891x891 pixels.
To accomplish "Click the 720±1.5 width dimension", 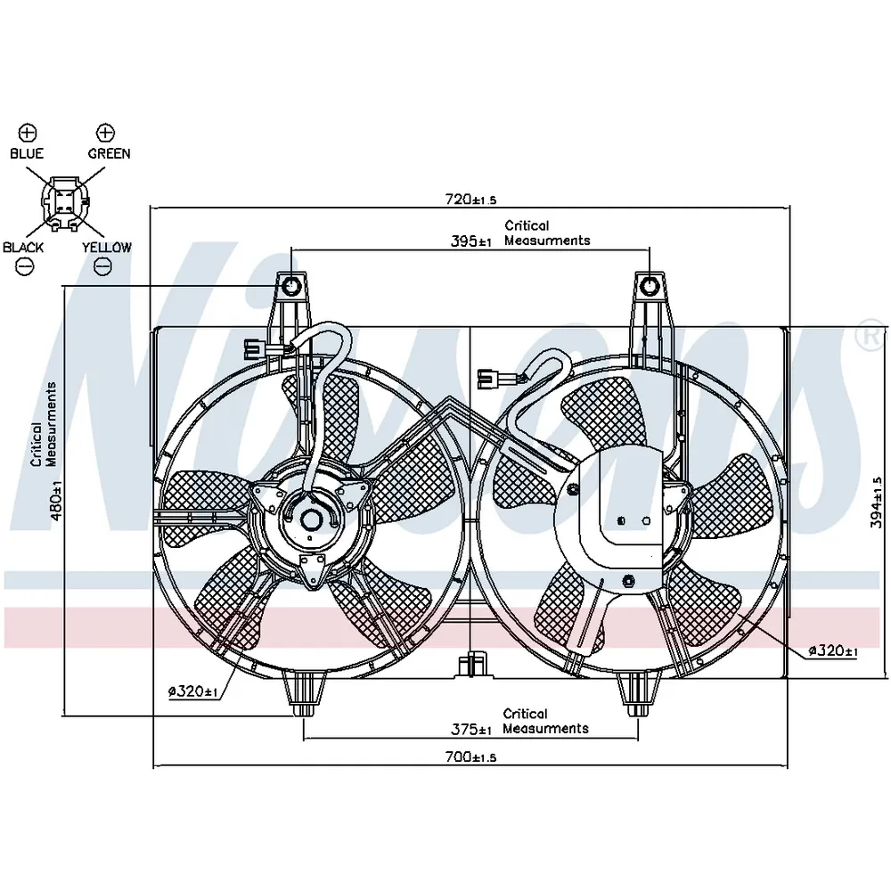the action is point(470,200).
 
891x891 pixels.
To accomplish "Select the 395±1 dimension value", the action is point(471,241).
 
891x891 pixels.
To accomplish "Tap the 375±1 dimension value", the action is point(471,729).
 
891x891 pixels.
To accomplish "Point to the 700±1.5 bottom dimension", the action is point(470,756).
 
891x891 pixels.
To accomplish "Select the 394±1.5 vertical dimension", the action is point(877,503).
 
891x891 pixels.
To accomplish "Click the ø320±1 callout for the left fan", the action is point(193,691).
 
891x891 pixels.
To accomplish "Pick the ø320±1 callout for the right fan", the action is point(833,651).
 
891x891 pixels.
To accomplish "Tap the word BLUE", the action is point(27,153).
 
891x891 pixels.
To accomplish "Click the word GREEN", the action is point(109,153).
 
